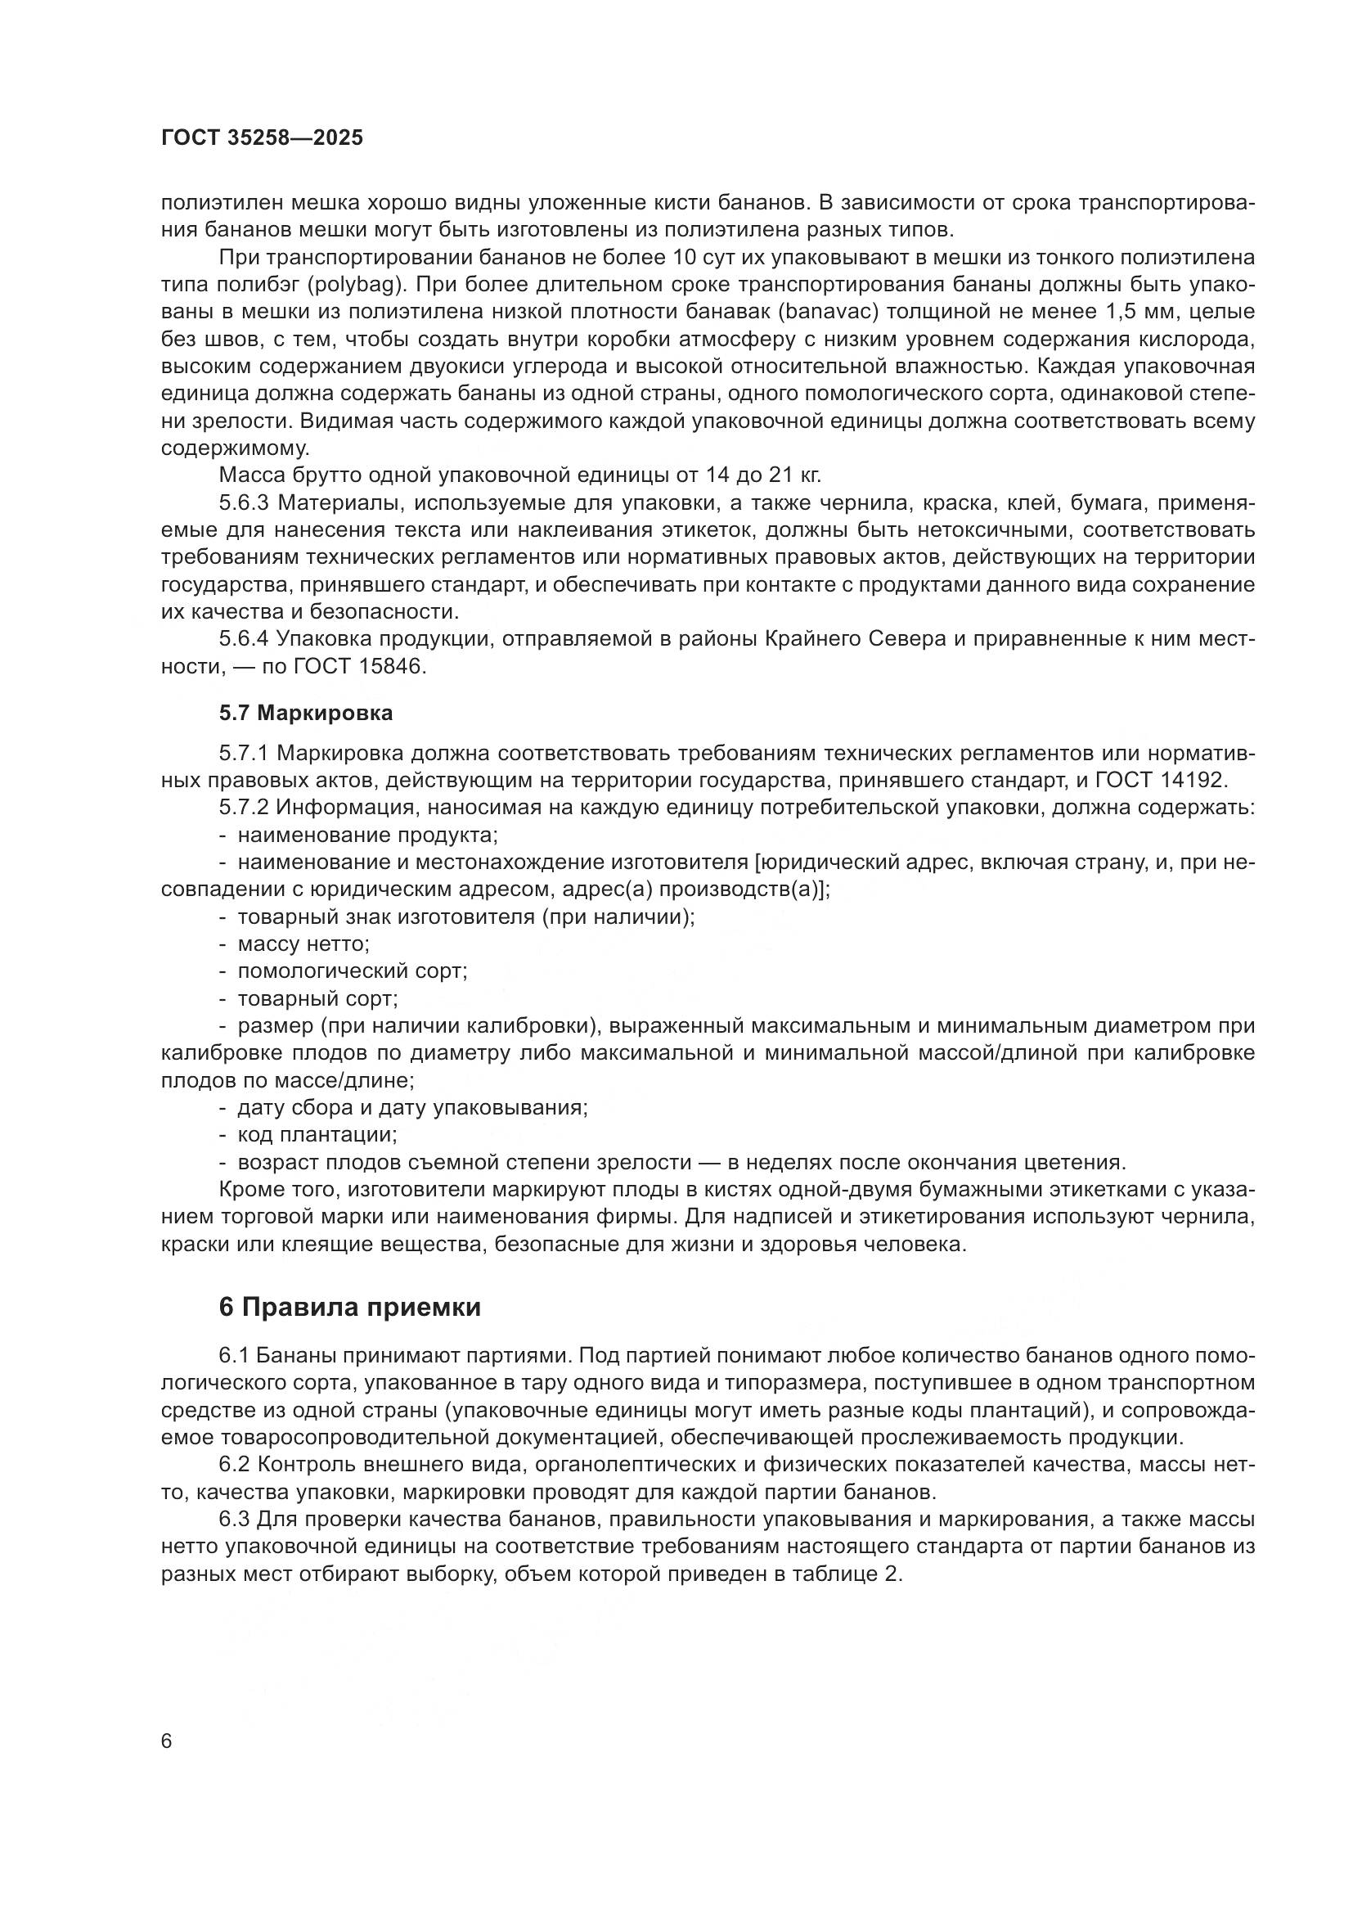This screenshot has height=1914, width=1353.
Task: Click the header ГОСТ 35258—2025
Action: pos(262,138)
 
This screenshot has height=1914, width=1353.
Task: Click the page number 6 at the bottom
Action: pos(167,1742)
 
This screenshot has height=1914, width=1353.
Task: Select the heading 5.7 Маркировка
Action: pos(306,713)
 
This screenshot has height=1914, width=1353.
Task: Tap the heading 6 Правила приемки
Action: pos(350,1307)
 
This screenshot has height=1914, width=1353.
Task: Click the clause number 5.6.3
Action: pos(244,502)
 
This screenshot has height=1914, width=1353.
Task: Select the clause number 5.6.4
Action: pos(244,639)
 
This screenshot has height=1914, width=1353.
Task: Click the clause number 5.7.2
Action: pos(244,808)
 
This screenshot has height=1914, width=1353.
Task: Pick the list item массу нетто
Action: pos(303,944)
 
